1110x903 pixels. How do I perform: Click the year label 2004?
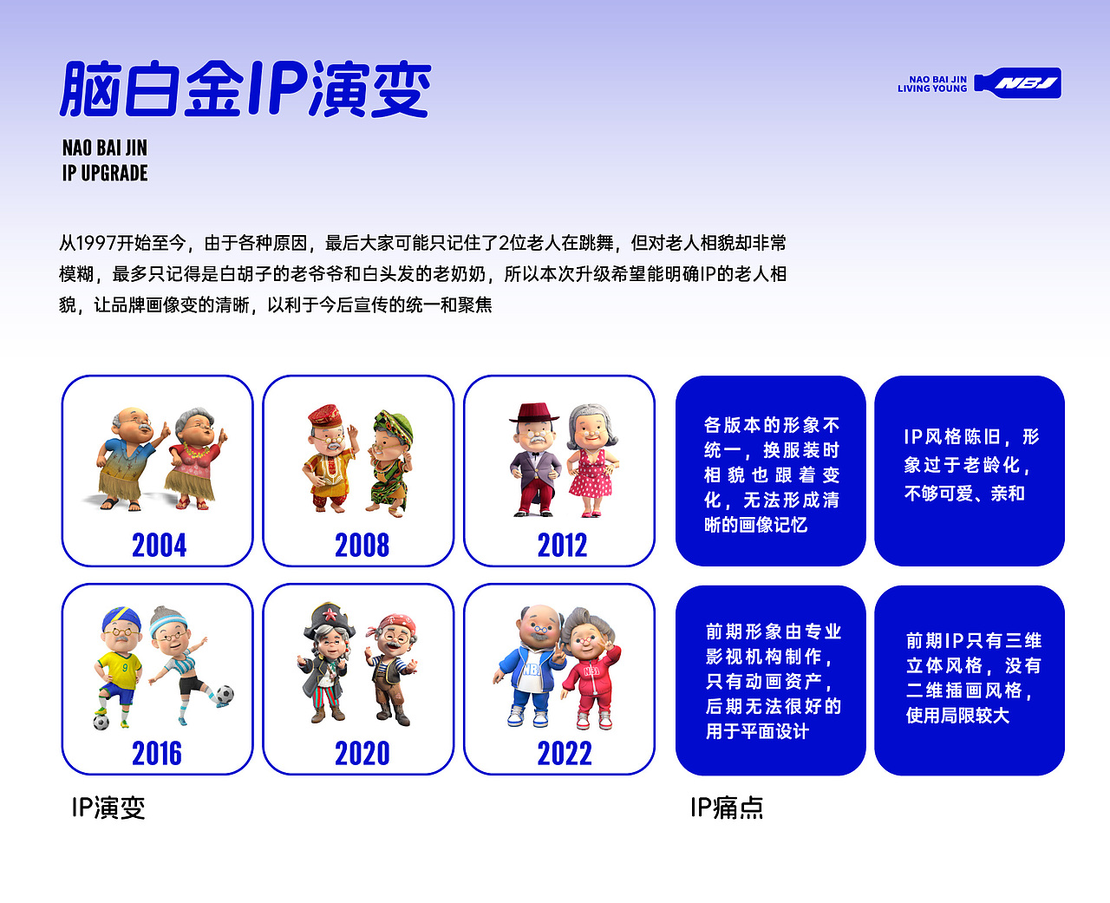[x=159, y=546]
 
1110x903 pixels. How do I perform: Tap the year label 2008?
[x=362, y=546]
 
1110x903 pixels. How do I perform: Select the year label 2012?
[x=562, y=546]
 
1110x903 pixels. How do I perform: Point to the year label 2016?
[x=157, y=754]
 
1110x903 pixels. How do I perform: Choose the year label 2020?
[x=362, y=754]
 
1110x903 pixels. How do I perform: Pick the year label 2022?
[x=564, y=754]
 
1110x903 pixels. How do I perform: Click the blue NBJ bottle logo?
[x=1019, y=83]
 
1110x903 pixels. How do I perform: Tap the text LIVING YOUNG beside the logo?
[x=931, y=88]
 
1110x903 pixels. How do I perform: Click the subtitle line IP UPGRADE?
[x=105, y=173]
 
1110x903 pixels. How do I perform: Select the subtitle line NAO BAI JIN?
[x=105, y=147]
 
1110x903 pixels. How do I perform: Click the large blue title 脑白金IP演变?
[x=245, y=89]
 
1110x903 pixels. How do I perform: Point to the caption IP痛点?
[x=727, y=808]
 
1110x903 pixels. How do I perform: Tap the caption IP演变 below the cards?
[x=108, y=808]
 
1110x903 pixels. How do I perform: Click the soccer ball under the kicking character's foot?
[x=224, y=694]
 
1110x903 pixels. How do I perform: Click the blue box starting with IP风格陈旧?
[x=970, y=470]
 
